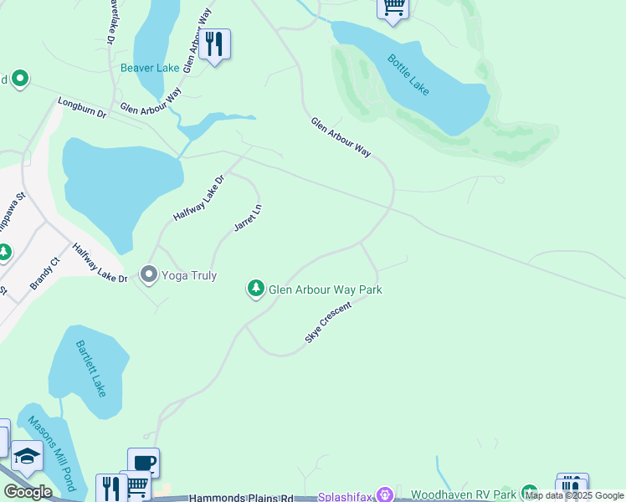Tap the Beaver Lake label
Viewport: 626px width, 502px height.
[150, 68]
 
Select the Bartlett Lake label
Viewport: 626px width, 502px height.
[90, 368]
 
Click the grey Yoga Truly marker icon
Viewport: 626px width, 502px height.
[149, 274]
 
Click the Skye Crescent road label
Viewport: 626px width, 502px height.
[327, 322]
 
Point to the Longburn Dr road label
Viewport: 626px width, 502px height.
[82, 108]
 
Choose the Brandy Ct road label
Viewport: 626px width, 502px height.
[45, 274]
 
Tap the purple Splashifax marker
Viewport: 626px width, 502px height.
[385, 495]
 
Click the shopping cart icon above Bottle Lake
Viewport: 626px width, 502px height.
[393, 8]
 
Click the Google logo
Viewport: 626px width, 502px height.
[28, 491]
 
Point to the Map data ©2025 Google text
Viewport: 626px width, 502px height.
[575, 495]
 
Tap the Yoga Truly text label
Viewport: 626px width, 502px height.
[189, 275]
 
